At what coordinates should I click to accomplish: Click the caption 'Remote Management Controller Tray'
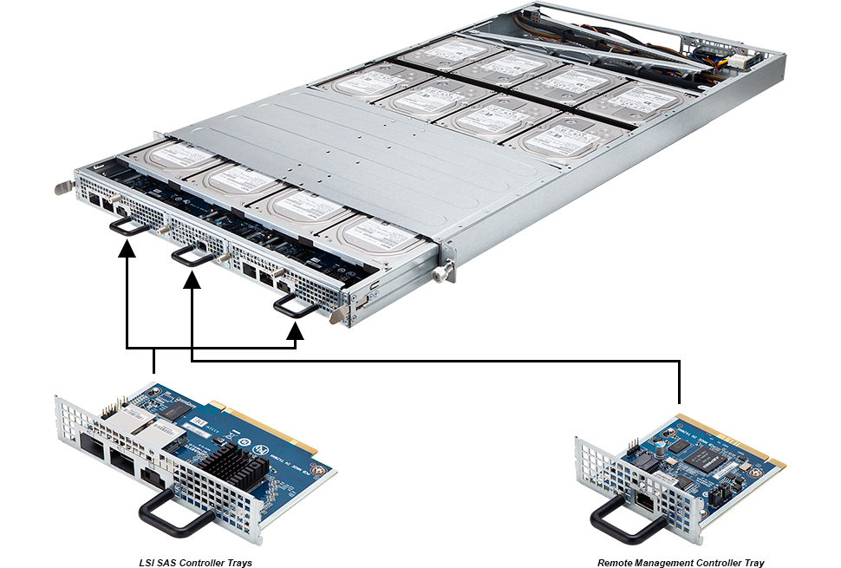681,562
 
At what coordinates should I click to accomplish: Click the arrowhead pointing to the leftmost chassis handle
127,250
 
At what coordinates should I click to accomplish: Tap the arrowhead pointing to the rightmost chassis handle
296,330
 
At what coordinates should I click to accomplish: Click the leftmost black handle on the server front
127,225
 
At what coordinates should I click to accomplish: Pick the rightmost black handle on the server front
294,304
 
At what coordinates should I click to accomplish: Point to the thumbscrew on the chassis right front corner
443,273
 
